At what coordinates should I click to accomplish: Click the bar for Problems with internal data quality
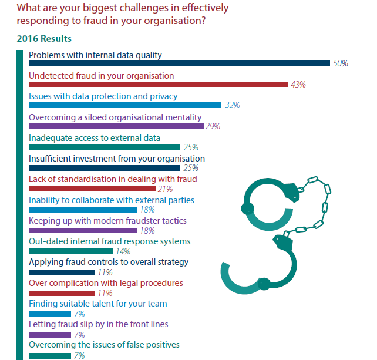(x=179, y=63)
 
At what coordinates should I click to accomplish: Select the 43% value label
(x=298, y=85)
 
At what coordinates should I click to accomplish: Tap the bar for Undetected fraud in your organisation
(x=157, y=85)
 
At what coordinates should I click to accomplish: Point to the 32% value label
(x=232, y=105)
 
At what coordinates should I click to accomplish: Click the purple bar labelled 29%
(x=116, y=126)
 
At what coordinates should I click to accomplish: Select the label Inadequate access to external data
(x=95, y=138)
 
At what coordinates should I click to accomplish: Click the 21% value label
(x=165, y=189)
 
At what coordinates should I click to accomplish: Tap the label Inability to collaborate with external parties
(x=112, y=200)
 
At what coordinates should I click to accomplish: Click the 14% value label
(x=123, y=251)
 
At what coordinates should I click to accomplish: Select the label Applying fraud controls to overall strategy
(x=108, y=262)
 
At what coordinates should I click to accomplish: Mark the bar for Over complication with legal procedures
(x=62, y=293)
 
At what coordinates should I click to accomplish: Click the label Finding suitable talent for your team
(x=98, y=304)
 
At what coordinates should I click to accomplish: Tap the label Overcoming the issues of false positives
(x=104, y=345)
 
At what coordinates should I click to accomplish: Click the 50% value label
(x=341, y=63)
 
